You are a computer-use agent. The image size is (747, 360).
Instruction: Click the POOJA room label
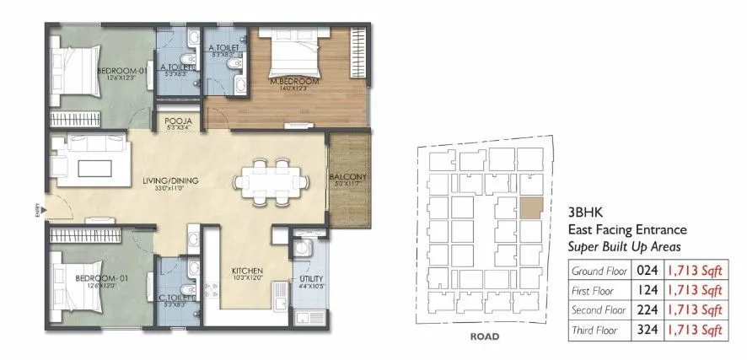point(177,123)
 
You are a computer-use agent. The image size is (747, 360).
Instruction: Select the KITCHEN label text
point(248,271)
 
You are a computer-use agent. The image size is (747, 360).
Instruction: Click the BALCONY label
point(346,175)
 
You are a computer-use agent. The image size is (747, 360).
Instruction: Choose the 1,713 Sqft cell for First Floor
point(695,291)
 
